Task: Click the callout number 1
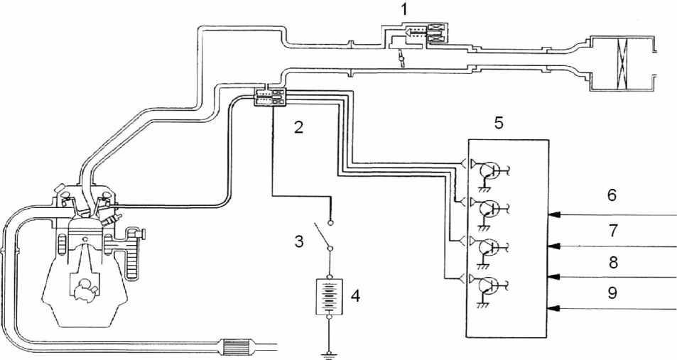(404, 10)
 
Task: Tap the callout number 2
(298, 127)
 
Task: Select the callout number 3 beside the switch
(299, 241)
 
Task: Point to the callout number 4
(355, 295)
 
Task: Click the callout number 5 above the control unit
(499, 123)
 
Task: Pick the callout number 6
(612, 195)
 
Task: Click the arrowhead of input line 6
(555, 214)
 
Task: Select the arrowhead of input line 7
(555, 246)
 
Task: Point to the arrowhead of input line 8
(555, 276)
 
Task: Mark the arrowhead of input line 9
(555, 307)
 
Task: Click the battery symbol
(330, 295)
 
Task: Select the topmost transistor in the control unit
(490, 170)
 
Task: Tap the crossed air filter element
(622, 63)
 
